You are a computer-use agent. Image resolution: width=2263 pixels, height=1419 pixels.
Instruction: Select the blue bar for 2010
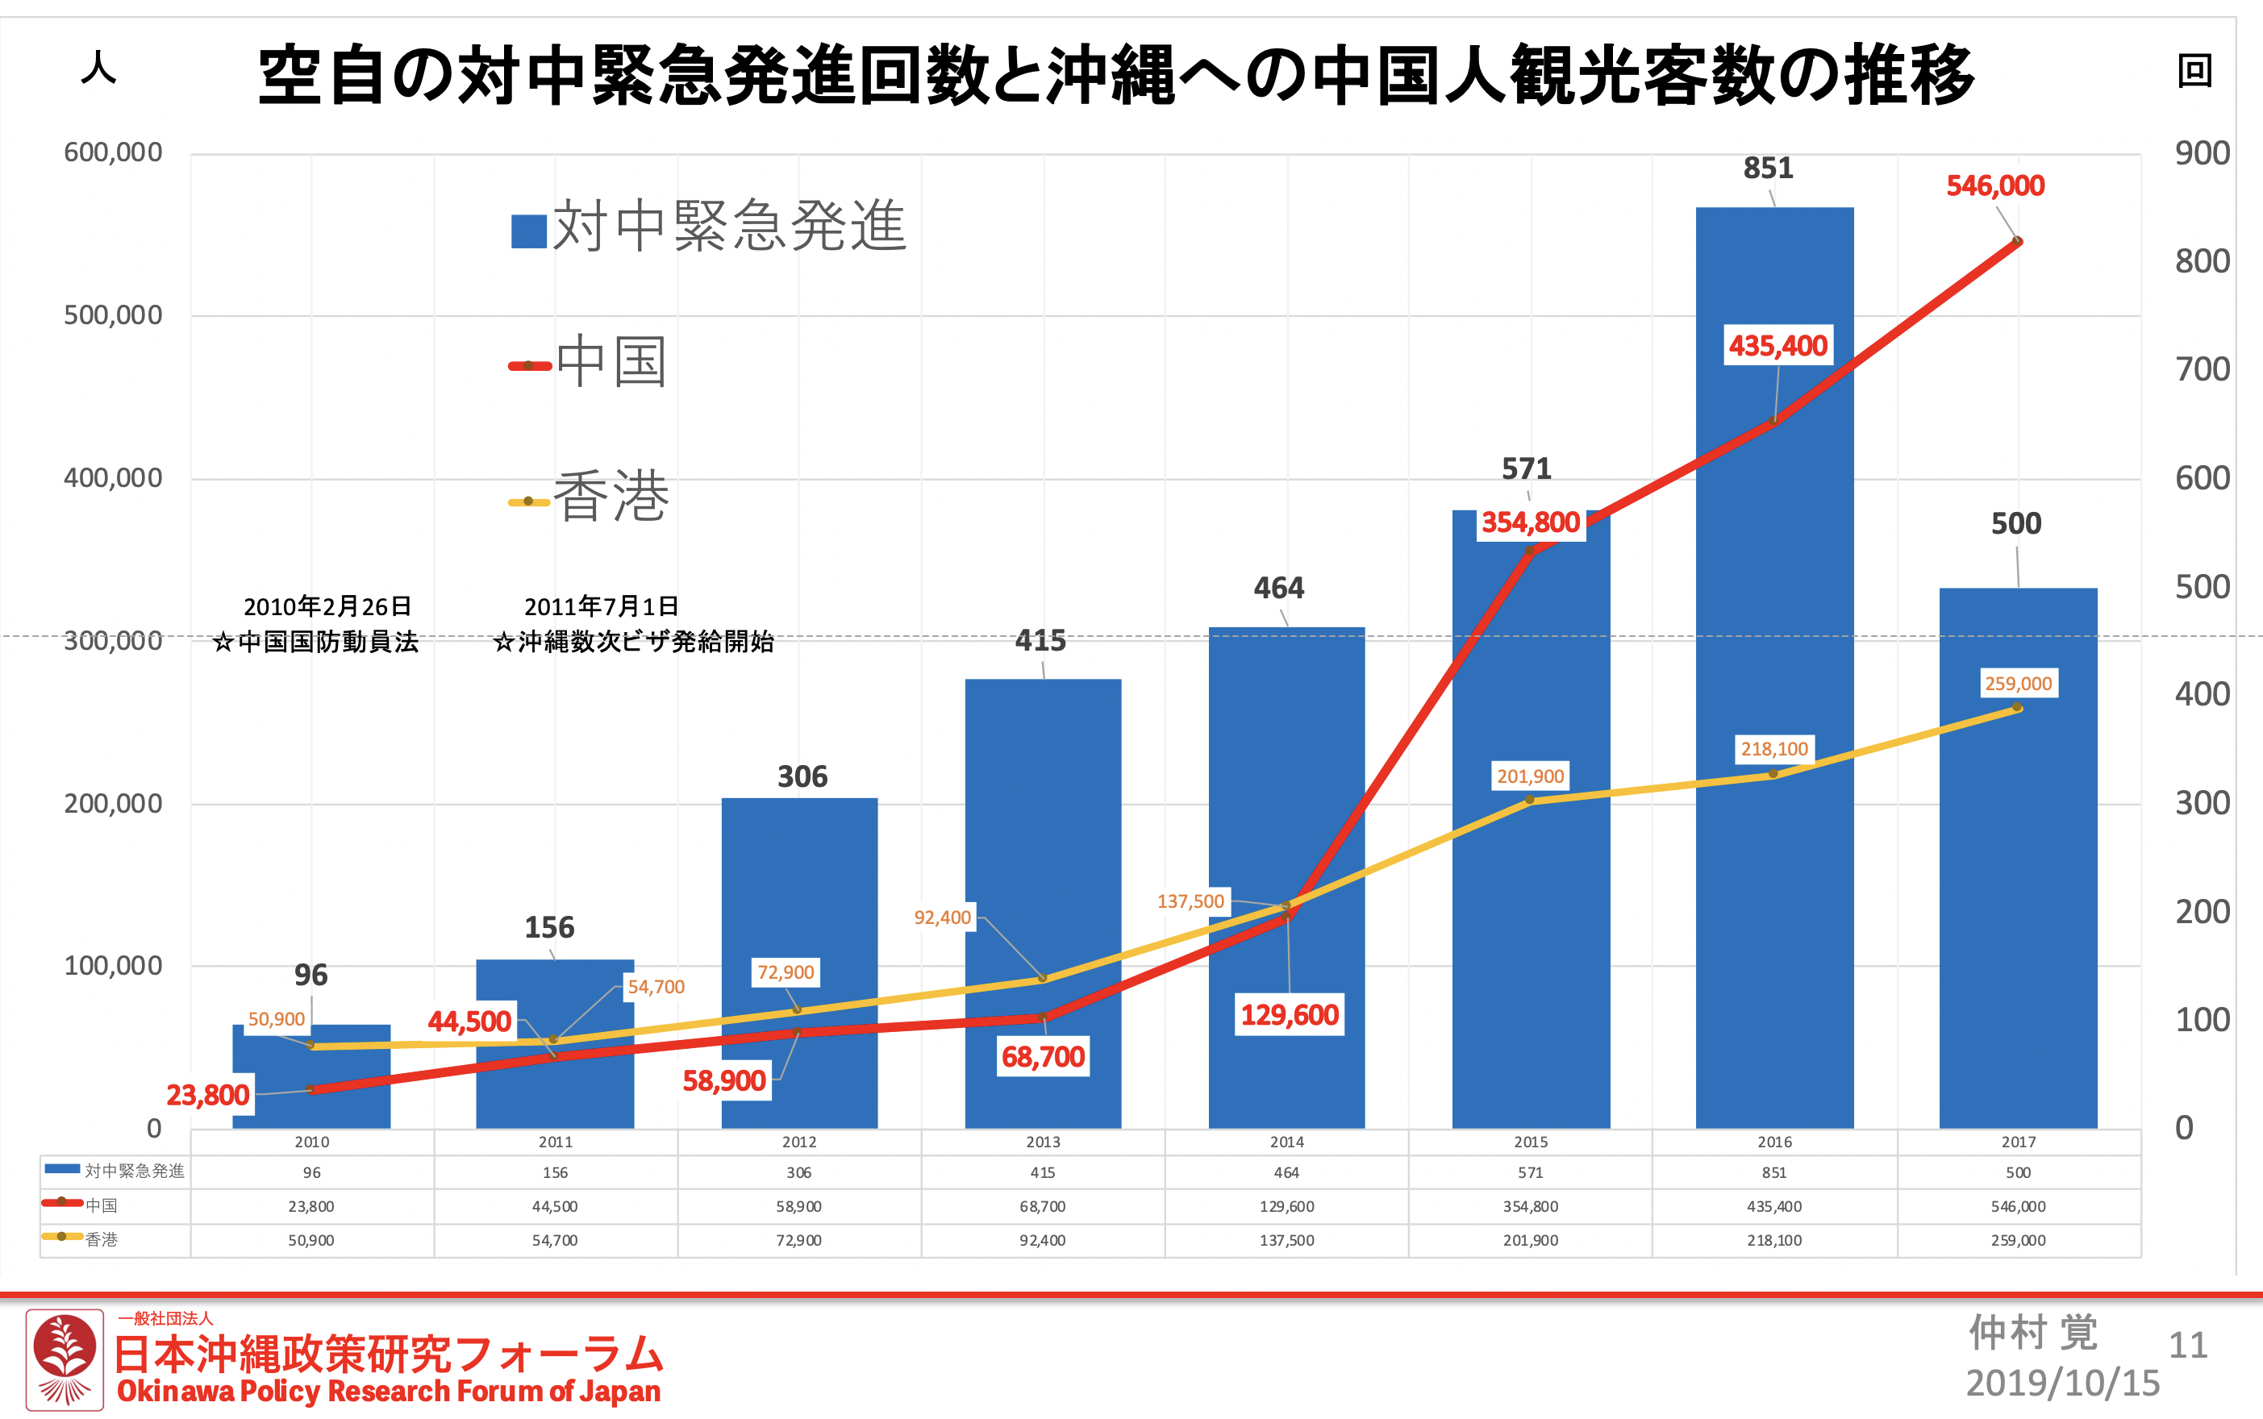310,1108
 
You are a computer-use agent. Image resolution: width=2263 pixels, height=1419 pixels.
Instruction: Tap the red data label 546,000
1994,185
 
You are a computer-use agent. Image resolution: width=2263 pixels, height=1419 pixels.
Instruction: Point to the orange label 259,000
2017,683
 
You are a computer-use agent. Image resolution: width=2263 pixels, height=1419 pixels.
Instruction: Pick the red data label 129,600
1289,1014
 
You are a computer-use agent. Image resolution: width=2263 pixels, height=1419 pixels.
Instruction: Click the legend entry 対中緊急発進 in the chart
709,228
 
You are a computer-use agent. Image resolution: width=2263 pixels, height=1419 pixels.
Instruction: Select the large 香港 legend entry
590,497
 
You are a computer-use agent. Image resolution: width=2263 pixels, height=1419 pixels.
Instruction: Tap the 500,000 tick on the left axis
113,315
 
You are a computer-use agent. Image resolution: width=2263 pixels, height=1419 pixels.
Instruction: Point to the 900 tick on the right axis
2202,153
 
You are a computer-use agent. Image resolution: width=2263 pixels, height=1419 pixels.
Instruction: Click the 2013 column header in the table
1043,1142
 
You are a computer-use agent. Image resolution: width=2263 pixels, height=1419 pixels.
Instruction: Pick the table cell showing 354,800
1530,1206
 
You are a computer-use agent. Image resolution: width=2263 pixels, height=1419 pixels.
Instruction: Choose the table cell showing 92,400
1043,1240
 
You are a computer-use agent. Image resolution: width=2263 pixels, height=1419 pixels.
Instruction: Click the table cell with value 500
2018,1172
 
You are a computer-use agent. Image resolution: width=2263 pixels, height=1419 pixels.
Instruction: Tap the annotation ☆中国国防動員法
315,642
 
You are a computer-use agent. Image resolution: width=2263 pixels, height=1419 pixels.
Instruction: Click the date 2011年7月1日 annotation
601,606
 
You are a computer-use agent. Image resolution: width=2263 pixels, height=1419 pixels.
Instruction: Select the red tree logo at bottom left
64,1359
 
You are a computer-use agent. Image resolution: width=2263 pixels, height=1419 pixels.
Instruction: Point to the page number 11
2187,1346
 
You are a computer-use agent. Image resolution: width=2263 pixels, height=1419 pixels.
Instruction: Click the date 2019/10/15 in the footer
2062,1384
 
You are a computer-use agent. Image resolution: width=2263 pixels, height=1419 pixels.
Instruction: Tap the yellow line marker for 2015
1530,800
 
